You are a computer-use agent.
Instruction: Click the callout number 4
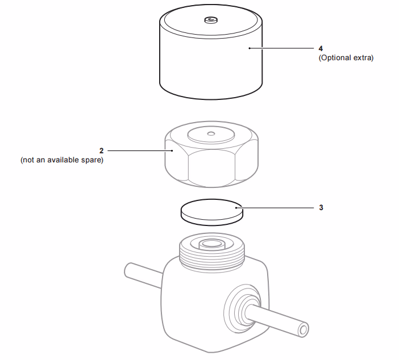tap(321, 48)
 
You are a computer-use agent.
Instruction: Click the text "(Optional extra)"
tap(346, 58)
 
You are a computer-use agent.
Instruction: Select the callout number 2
tap(102, 151)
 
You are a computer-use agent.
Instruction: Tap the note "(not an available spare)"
tap(62, 160)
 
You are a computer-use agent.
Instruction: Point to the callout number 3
tap(321, 208)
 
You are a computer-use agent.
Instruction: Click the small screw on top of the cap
tap(210, 20)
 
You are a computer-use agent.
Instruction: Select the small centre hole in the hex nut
tap(211, 134)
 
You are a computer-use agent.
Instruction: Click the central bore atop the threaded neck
tap(211, 245)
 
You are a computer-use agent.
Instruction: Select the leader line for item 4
tap(284, 48)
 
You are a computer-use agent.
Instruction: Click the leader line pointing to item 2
tap(139, 151)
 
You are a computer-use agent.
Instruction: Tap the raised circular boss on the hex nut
tap(211, 135)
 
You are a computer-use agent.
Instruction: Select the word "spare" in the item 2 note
tap(93, 160)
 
